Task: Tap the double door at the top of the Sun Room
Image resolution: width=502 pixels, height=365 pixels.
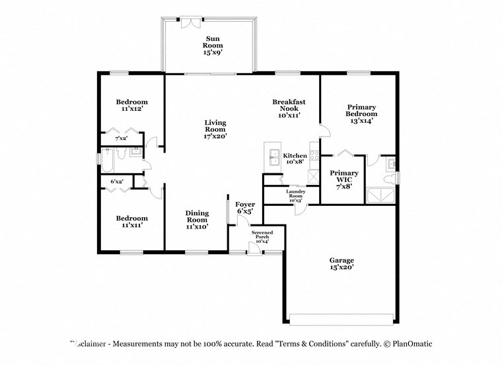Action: coord(192,20)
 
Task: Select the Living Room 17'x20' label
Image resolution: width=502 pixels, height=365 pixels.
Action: coord(215,129)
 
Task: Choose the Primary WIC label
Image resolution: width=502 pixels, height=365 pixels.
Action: coord(342,180)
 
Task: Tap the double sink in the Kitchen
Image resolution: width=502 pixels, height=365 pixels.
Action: coord(273,156)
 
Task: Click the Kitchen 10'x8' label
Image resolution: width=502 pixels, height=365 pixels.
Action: coord(295,159)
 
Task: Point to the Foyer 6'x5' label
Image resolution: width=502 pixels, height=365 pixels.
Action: coord(245,208)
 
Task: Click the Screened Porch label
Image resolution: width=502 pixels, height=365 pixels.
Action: coord(262,237)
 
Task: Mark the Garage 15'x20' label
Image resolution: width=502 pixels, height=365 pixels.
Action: coord(341,264)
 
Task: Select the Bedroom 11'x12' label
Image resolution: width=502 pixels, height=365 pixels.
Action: coord(132,106)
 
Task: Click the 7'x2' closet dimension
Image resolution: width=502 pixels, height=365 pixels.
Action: coord(121,139)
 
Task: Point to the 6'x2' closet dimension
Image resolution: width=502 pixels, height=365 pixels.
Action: coord(116,181)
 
